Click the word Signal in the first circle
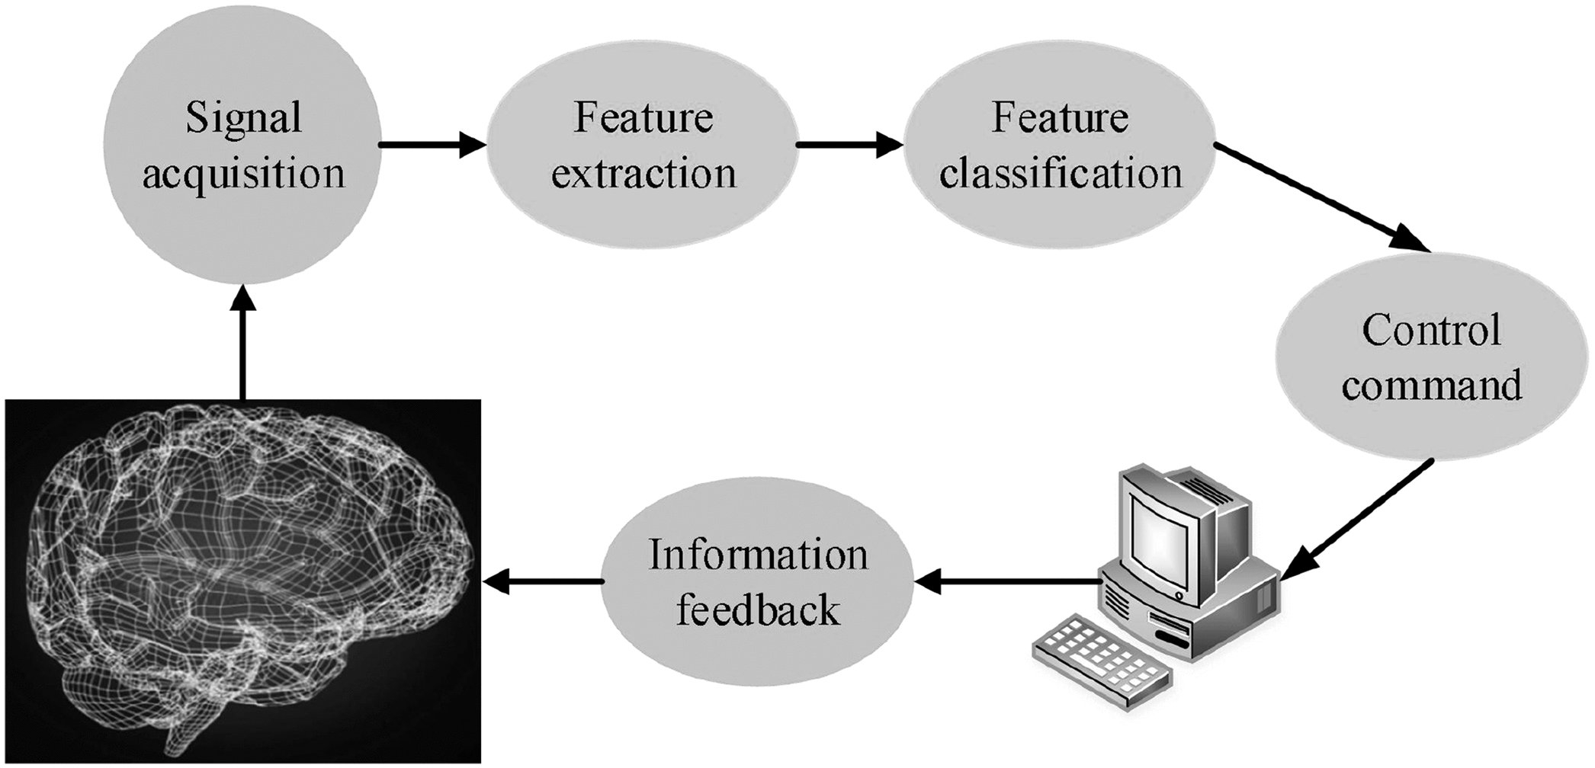pos(243,119)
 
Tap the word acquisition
pos(243,174)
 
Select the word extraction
pos(643,174)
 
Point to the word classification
pos(1061,174)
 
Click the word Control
pos(1431,331)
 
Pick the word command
pos(1431,386)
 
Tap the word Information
pos(758,555)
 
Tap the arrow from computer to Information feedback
pos(1006,582)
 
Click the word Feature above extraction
pos(643,119)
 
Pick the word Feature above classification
pos(1061,119)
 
